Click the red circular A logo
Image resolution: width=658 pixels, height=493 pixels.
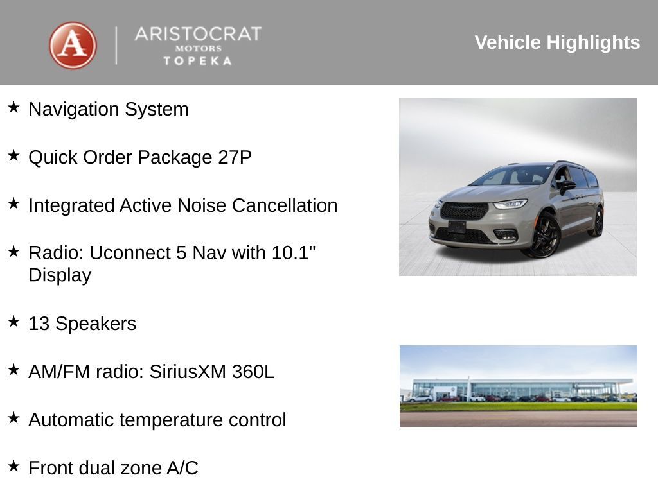73,45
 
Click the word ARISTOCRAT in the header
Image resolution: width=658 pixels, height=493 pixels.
198,34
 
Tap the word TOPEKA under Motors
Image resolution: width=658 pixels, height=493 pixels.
197,61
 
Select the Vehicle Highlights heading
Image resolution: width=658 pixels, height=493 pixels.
557,42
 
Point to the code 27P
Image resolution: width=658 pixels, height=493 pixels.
235,157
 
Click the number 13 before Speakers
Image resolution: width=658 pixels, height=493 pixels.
39,324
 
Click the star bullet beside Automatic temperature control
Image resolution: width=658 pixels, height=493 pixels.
13,418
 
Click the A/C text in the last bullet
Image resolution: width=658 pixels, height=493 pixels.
182,468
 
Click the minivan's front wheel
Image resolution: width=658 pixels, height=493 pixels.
545,236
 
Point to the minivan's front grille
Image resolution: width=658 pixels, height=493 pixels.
464,210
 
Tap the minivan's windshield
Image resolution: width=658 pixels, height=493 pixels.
514,175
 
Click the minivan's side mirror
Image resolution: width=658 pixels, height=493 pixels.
566,186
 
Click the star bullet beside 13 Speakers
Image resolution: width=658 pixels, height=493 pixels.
13,322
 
